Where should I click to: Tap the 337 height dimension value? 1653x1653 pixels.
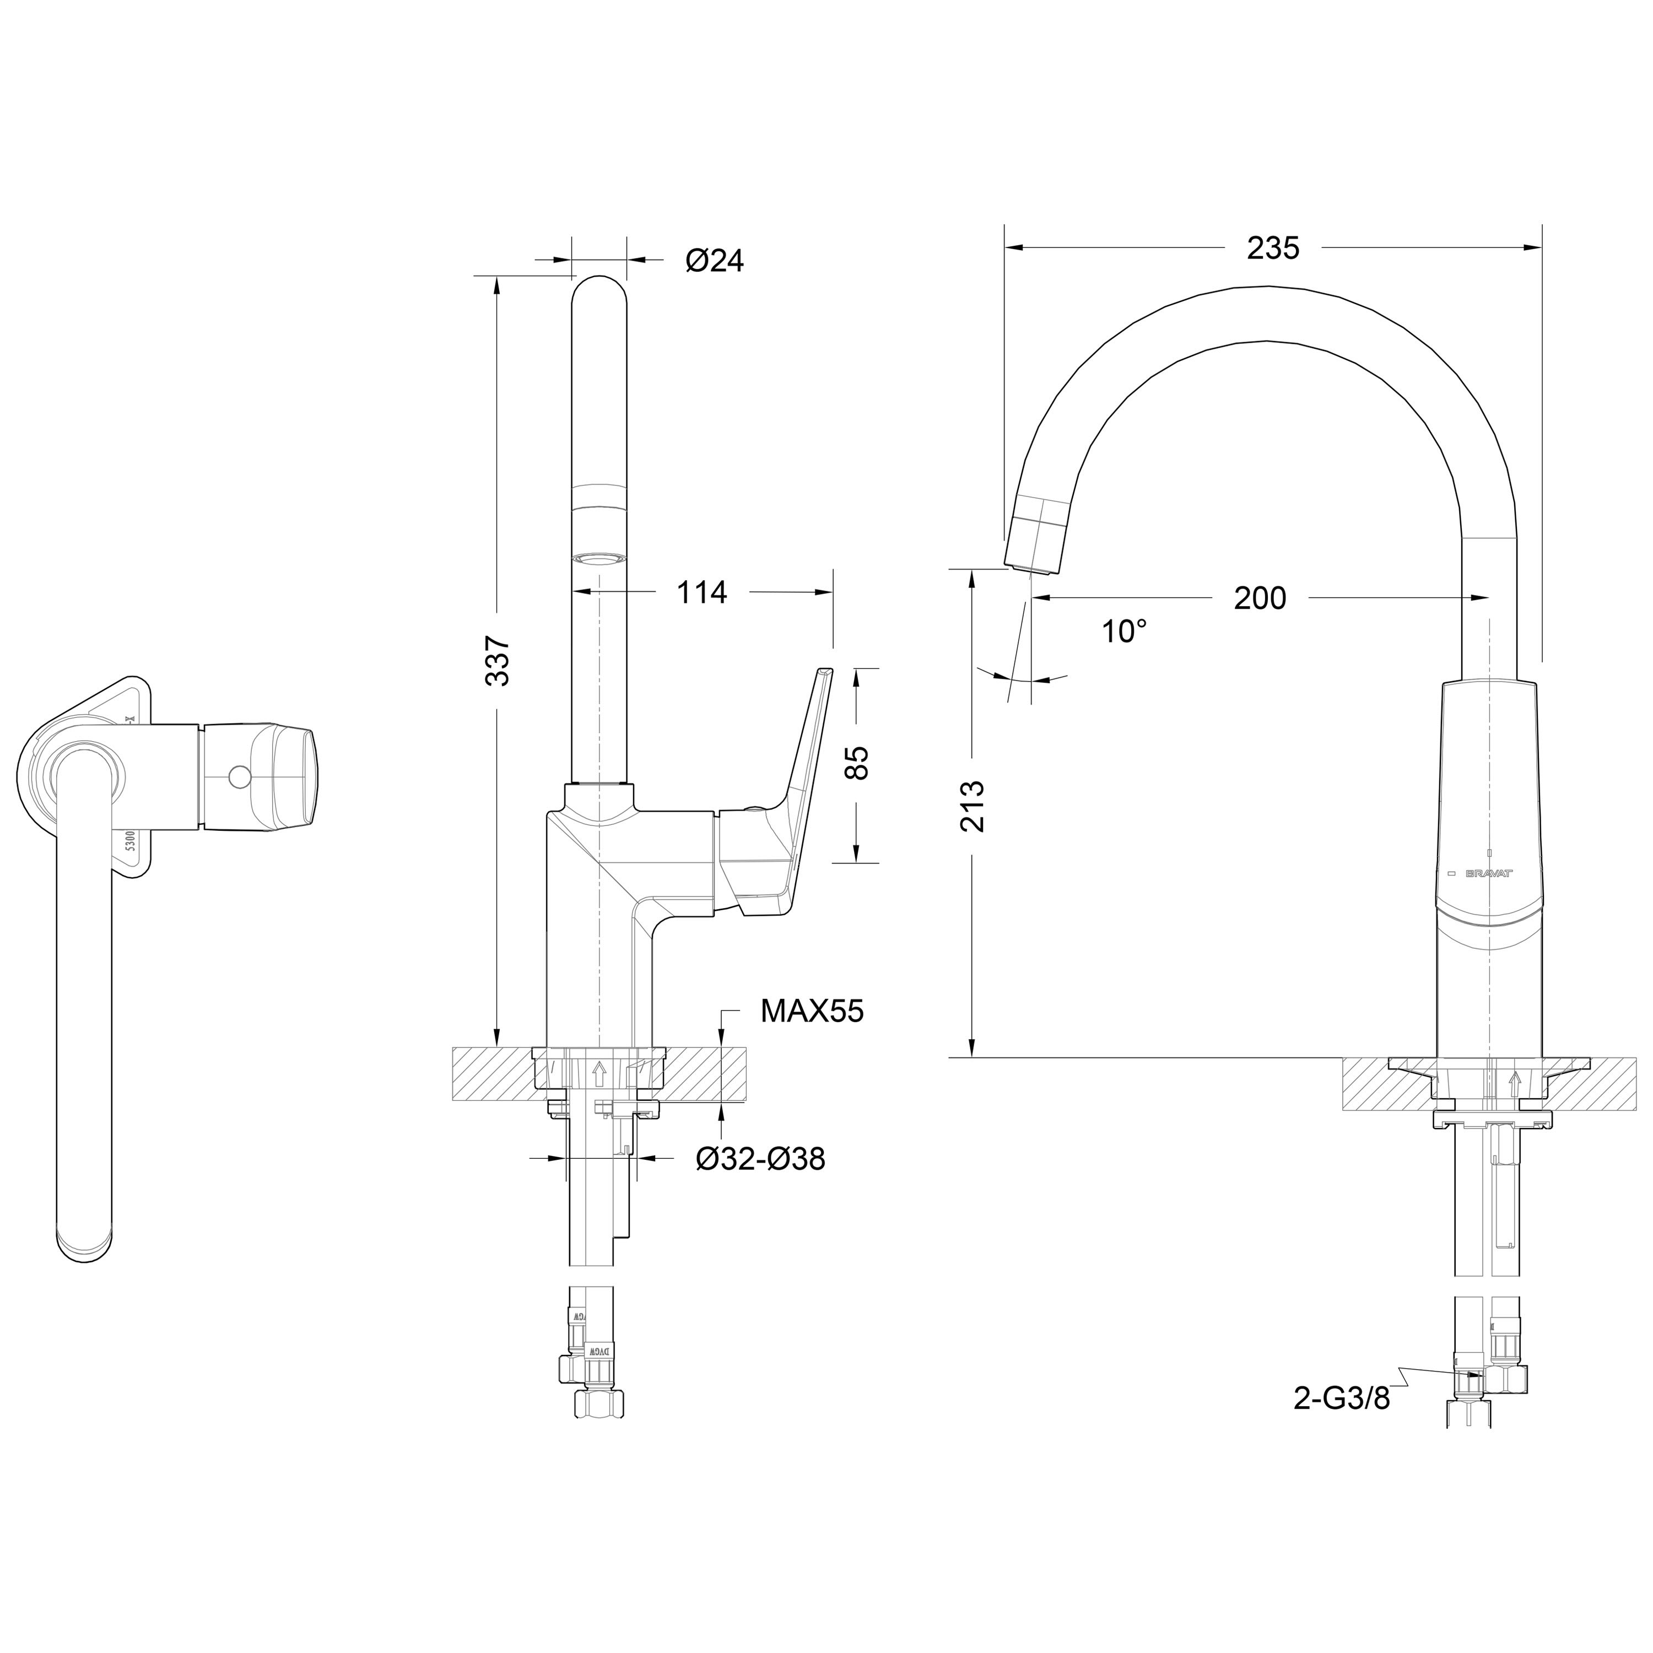498,661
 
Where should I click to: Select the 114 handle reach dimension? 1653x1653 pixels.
701,592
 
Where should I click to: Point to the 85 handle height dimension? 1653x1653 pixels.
856,763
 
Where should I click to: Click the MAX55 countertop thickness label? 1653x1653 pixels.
812,1012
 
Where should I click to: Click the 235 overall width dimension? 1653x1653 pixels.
1272,248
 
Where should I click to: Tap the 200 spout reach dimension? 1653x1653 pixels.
1260,598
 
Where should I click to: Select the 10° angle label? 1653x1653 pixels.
1123,633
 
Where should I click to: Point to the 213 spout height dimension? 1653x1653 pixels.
973,806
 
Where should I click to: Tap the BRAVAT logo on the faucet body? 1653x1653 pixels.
1489,873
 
